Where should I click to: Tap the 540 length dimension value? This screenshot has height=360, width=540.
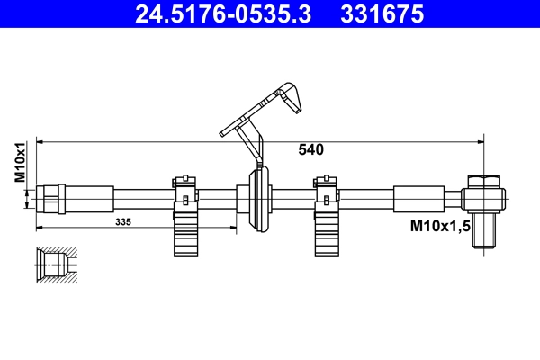click(310, 150)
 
